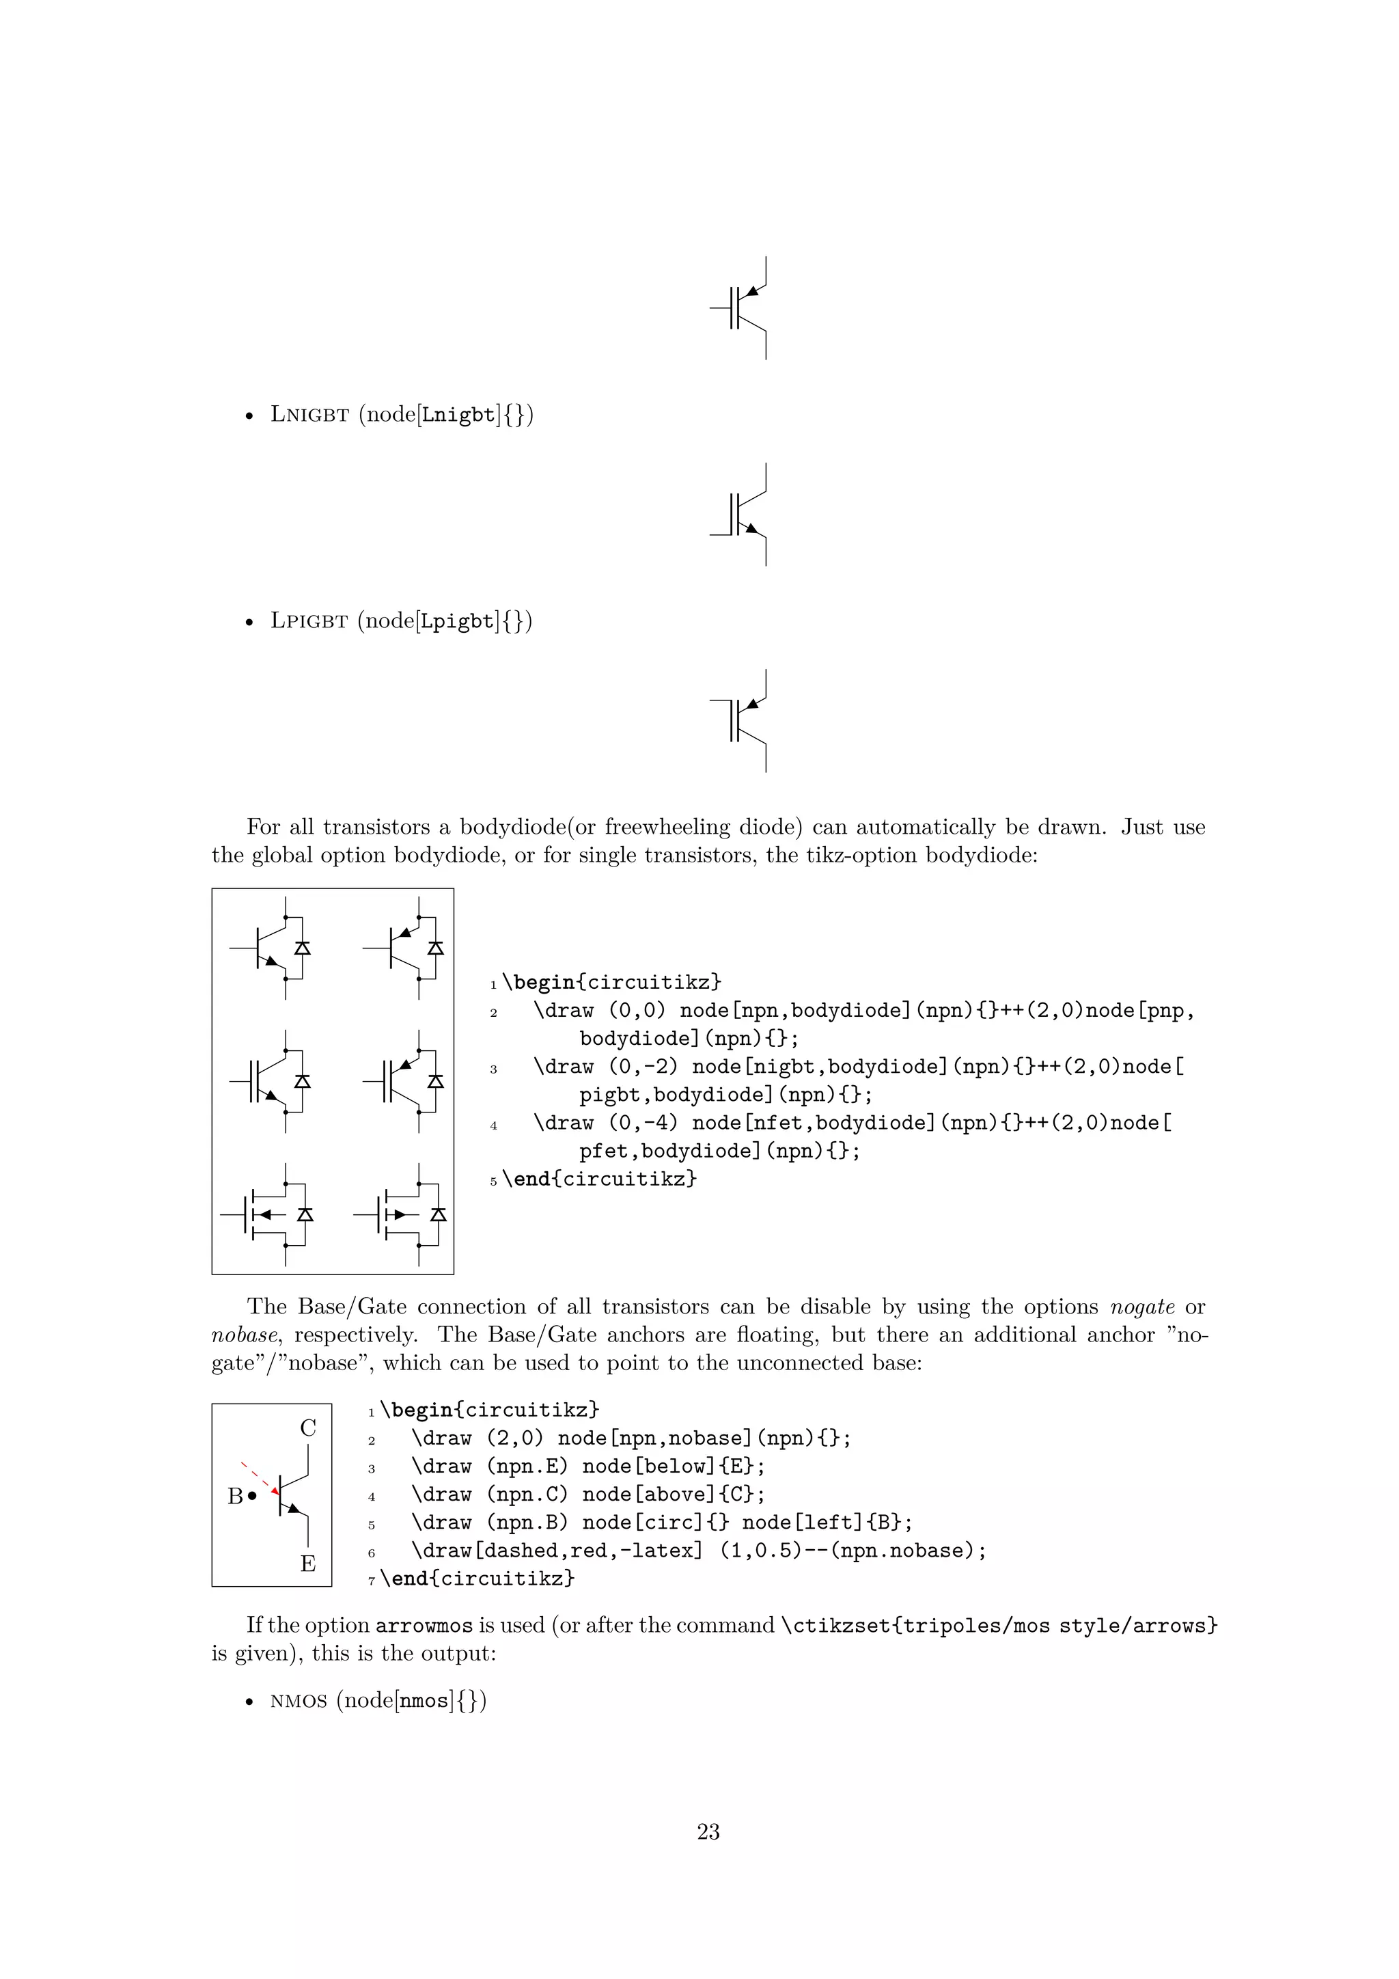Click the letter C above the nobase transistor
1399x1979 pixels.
click(x=307, y=1428)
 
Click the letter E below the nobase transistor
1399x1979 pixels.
click(x=307, y=1564)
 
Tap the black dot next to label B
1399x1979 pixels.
click(x=251, y=1497)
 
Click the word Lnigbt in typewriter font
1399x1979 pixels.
click(x=459, y=415)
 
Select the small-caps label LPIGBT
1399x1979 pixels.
click(x=309, y=620)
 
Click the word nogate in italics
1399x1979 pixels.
click(x=1142, y=1307)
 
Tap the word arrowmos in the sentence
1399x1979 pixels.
click(x=424, y=1626)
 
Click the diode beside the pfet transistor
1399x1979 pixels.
click(x=438, y=1214)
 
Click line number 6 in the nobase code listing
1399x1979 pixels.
click(x=372, y=1553)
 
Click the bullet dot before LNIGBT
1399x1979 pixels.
click(x=250, y=415)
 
